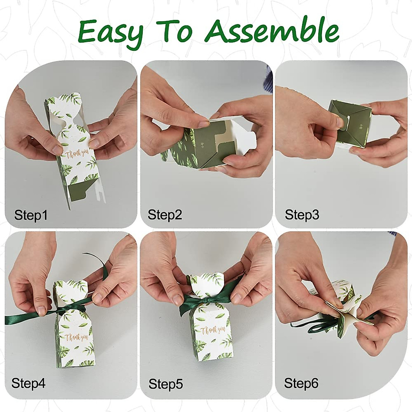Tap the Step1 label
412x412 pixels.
point(31,215)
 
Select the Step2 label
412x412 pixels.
point(165,215)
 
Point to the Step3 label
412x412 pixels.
point(302,215)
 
